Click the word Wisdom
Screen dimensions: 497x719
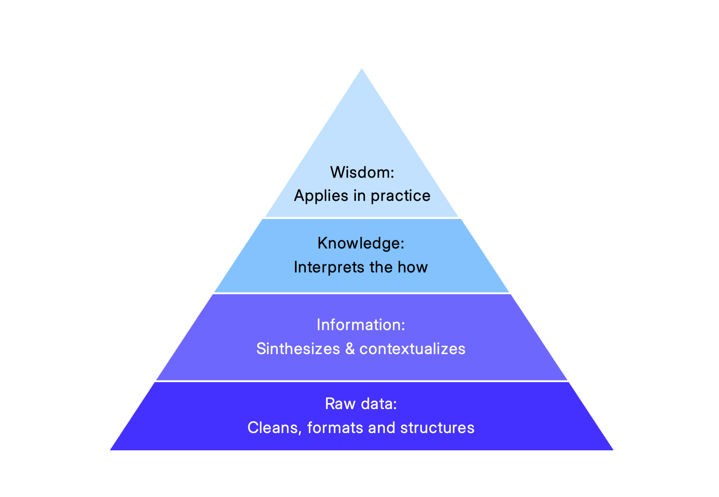point(361,172)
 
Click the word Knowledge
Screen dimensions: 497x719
point(359,243)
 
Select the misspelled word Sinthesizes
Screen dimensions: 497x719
point(298,349)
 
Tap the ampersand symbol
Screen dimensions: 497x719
point(350,349)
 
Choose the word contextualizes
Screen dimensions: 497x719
point(412,349)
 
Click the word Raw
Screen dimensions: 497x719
point(335,404)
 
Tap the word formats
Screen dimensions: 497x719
point(335,428)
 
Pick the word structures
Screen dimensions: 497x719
point(437,428)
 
